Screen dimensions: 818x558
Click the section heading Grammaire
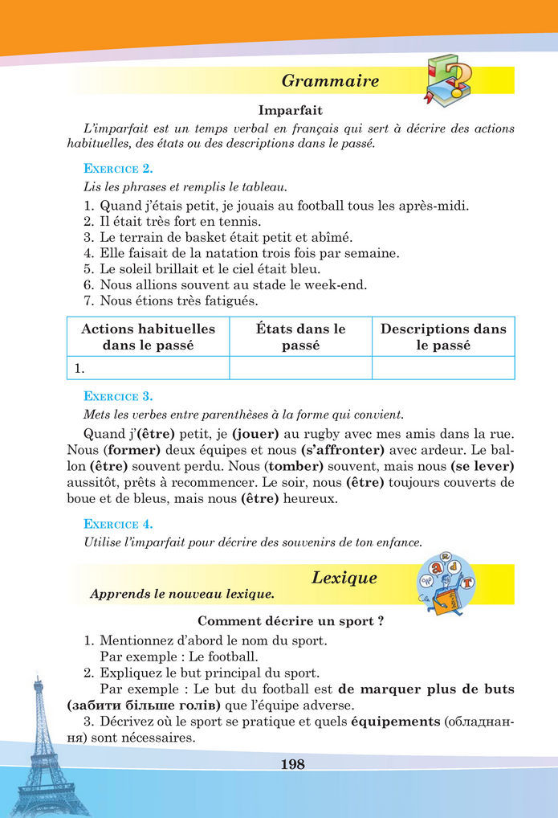(330, 81)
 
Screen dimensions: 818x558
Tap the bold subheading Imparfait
(290, 110)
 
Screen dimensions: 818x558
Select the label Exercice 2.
(118, 169)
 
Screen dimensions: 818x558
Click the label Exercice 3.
(118, 396)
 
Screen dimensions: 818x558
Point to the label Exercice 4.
(118, 524)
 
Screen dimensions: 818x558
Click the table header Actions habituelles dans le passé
(148, 337)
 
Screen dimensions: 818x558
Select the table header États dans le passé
(300, 337)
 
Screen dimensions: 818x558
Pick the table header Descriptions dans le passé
(443, 337)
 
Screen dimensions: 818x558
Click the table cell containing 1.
(148, 369)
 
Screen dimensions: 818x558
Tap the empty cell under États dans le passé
(300, 369)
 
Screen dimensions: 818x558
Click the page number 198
(293, 764)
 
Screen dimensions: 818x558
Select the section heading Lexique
(344, 578)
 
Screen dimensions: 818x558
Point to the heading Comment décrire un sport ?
(285, 621)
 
